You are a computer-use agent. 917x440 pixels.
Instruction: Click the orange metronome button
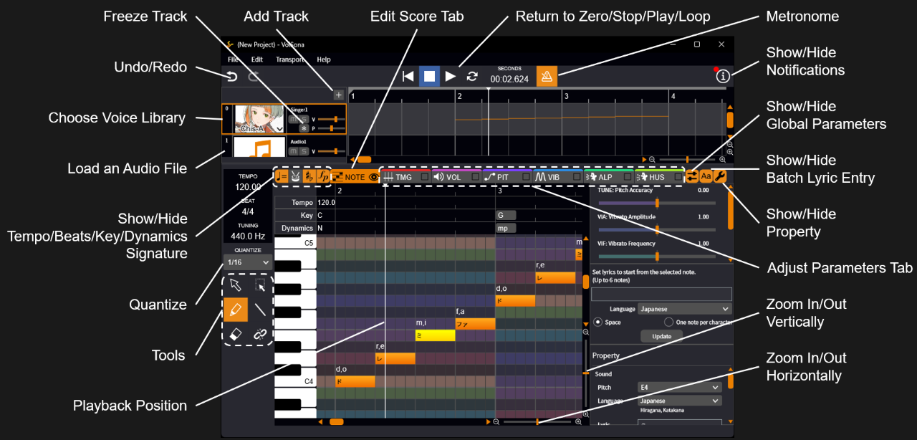(547, 76)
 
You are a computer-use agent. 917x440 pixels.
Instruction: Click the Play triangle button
(451, 76)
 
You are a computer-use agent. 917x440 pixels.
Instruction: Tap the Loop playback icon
(472, 76)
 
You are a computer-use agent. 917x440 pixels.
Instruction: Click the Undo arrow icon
(231, 76)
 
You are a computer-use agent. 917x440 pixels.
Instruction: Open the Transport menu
(289, 59)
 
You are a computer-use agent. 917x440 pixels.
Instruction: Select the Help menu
(324, 59)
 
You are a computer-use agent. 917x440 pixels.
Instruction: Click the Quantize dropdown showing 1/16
(247, 263)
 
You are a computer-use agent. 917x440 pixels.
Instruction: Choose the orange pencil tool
(236, 310)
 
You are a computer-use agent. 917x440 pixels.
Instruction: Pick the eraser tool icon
(236, 334)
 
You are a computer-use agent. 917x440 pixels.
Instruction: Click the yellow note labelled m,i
(435, 335)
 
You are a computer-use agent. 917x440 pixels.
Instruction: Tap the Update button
(661, 336)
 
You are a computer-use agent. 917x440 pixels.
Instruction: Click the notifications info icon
(723, 75)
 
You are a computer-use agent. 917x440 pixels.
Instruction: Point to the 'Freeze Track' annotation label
(145, 16)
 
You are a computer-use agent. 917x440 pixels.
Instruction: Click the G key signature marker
(505, 215)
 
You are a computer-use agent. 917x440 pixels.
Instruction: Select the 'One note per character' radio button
(669, 322)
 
